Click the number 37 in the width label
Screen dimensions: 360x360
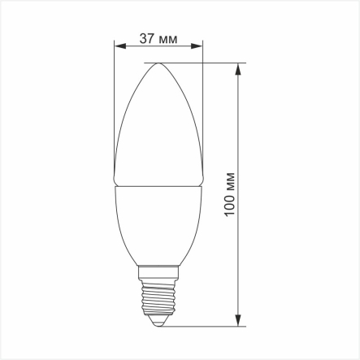click(x=147, y=40)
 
